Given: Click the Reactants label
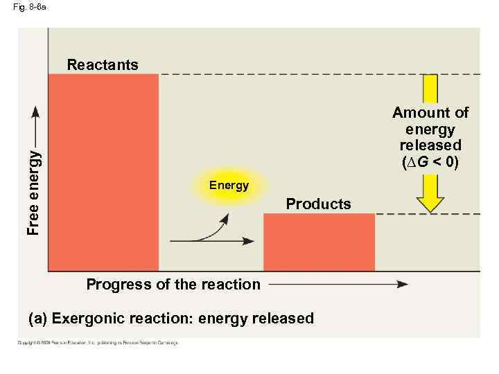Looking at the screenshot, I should [103, 65].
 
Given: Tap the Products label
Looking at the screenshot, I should [318, 204].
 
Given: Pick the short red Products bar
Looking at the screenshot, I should [319, 242].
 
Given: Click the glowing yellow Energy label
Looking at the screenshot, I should [229, 186].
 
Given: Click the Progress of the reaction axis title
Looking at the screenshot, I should [173, 284].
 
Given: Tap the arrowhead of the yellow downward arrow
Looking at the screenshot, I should [430, 203].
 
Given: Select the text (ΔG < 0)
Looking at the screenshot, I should [430, 162].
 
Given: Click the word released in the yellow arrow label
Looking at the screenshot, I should [430, 145].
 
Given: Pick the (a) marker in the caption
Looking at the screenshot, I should [37, 319].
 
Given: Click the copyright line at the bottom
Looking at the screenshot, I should [98, 342].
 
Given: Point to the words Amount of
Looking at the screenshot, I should [430, 112].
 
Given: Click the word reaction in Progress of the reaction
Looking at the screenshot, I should [231, 284].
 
